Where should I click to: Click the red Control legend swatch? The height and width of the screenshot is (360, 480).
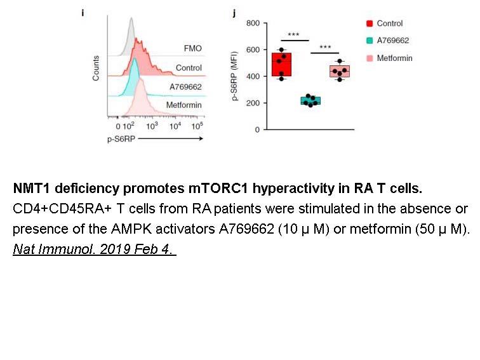(370, 23)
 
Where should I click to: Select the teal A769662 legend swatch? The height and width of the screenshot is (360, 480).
(370, 41)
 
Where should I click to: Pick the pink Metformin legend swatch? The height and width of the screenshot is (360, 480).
(370, 58)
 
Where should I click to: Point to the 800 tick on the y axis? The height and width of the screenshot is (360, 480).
(253, 23)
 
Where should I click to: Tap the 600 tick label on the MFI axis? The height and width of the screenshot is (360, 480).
(253, 50)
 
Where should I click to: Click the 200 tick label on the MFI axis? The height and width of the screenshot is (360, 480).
(253, 103)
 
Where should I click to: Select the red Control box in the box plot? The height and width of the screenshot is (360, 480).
(281, 64)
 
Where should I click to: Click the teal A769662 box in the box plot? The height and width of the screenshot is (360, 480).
(310, 101)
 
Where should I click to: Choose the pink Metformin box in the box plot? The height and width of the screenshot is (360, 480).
(340, 71)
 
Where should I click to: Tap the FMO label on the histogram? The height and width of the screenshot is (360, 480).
(192, 48)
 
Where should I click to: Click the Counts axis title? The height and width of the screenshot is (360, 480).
(96, 68)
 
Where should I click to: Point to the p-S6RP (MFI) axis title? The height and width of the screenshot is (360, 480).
(235, 76)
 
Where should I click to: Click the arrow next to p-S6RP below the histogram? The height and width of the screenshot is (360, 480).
(171, 138)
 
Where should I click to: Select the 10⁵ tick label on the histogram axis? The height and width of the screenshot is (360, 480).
(197, 126)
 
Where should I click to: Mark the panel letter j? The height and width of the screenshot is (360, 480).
(234, 13)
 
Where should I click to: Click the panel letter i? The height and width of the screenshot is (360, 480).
(83, 13)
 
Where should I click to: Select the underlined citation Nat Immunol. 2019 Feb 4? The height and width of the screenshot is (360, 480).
(94, 249)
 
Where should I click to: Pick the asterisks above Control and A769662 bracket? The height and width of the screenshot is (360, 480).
(293, 34)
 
